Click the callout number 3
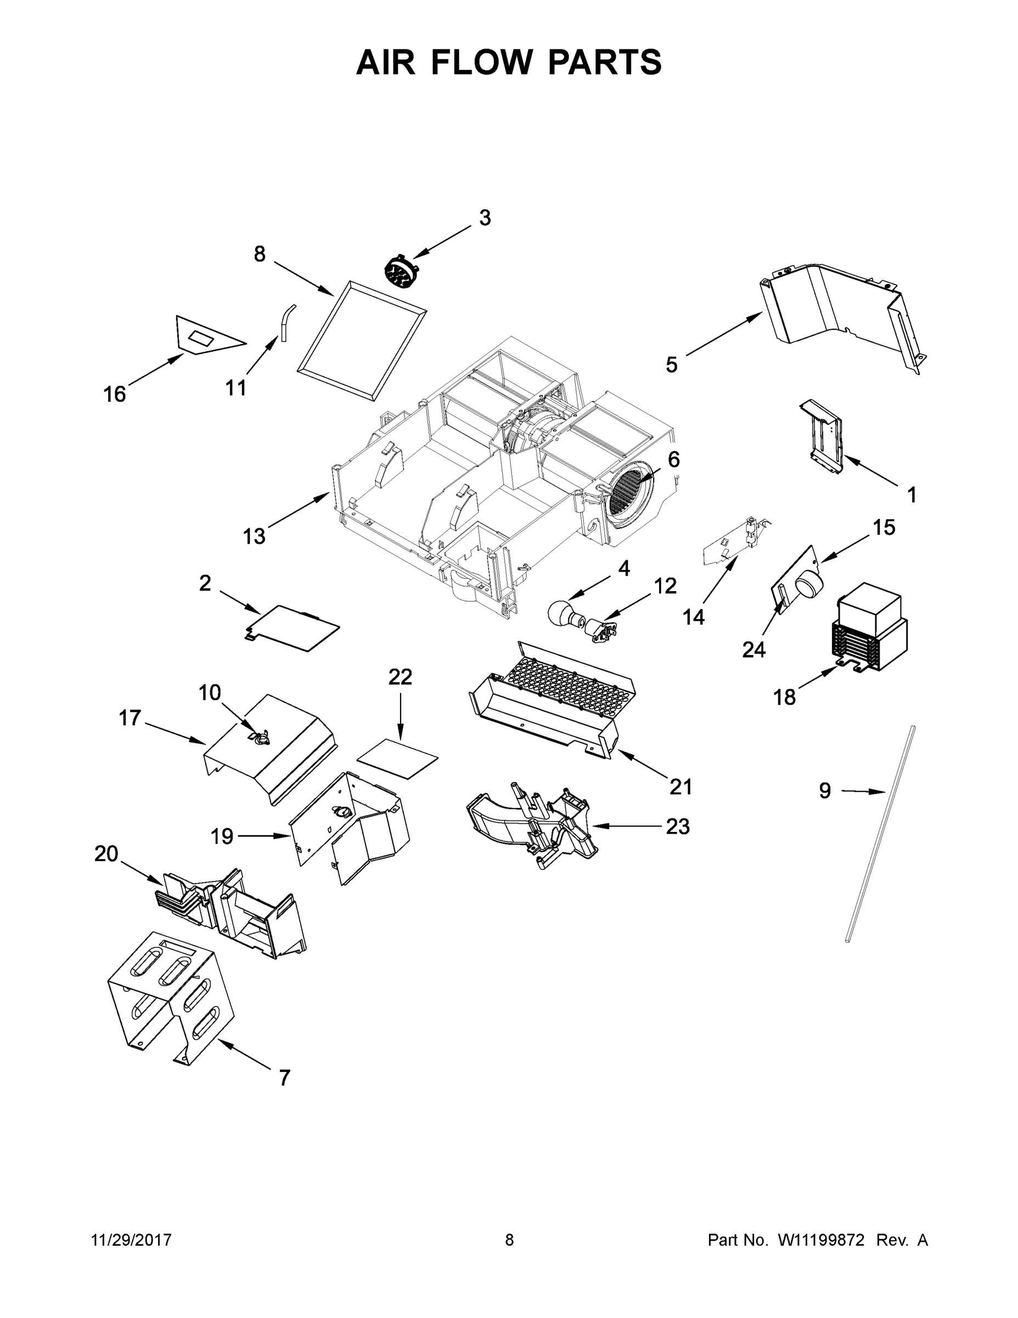point(485,218)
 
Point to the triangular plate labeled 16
point(205,336)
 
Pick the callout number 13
point(254,536)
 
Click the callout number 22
point(400,677)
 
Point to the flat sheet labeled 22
point(398,758)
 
